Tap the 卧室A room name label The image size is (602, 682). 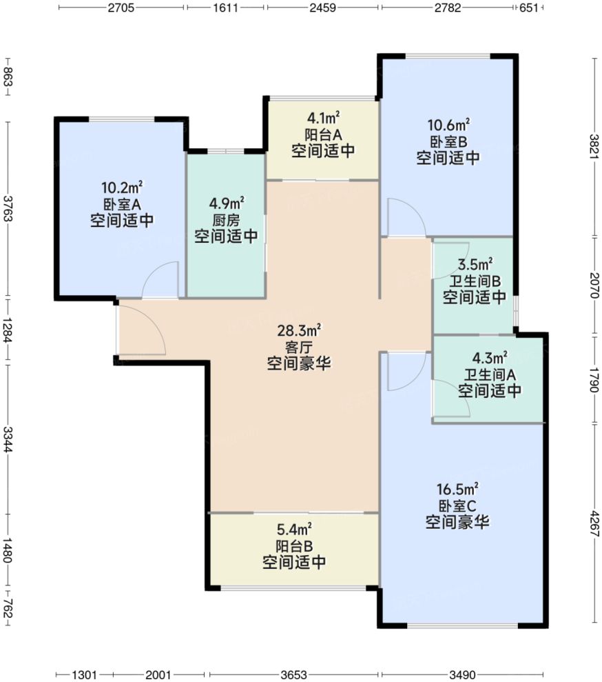click(121, 204)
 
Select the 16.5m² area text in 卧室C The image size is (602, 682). click(457, 490)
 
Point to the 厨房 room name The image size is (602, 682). click(226, 221)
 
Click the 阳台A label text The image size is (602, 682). click(322, 134)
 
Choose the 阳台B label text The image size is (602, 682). click(294, 546)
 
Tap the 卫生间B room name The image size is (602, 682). click(475, 281)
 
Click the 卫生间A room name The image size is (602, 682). click(489, 374)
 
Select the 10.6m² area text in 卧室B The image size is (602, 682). click(448, 126)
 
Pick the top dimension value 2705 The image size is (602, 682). click(121, 8)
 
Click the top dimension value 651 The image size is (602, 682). click(528, 8)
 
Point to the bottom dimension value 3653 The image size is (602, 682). click(293, 674)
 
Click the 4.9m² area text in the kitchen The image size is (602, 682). click(226, 203)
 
